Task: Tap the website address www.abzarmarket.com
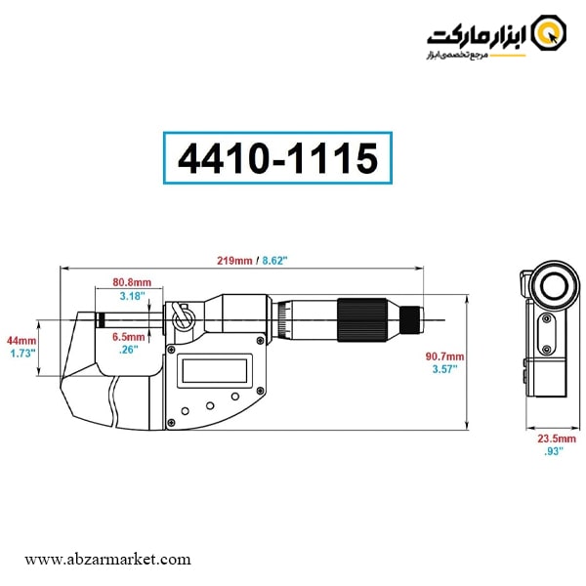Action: [x=107, y=560]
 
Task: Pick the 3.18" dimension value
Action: [x=132, y=295]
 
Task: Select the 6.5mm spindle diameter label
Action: [x=129, y=336]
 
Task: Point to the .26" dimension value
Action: [x=128, y=349]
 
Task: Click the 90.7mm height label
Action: [x=445, y=356]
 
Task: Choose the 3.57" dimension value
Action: [x=445, y=370]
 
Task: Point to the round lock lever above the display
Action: [x=181, y=318]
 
